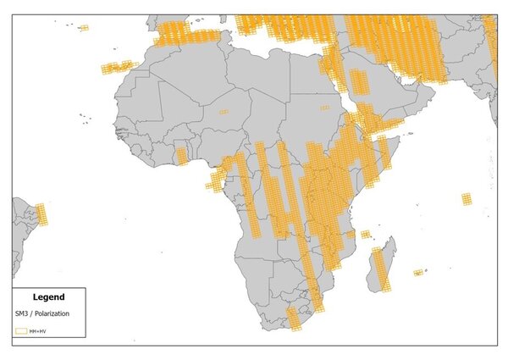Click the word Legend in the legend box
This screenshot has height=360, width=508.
click(x=48, y=297)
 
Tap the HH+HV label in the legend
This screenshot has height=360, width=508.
click(x=38, y=330)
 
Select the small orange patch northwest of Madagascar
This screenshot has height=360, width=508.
click(x=365, y=235)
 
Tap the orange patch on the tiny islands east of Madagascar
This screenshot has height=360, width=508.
click(x=418, y=273)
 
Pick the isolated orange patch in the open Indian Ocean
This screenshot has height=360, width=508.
click(x=467, y=199)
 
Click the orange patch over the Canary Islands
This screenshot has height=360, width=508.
click(x=119, y=67)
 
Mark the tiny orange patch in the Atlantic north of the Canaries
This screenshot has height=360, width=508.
click(x=84, y=28)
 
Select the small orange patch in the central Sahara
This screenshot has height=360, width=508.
click(x=224, y=111)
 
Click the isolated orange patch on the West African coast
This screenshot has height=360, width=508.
click(x=181, y=156)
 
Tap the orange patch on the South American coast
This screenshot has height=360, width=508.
click(x=41, y=214)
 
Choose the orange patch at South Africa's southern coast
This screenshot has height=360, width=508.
click(x=294, y=319)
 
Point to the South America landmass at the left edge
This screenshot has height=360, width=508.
click(x=24, y=233)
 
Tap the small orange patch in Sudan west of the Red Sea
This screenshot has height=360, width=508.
click(x=325, y=108)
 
